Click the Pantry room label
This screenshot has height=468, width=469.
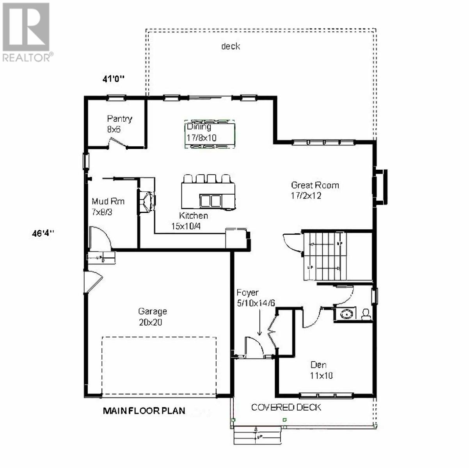(119, 119)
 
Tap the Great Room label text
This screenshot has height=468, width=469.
(315, 185)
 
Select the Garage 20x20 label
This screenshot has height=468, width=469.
(152, 317)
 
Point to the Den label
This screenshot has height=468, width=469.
(318, 365)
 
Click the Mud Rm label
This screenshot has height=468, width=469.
(108, 202)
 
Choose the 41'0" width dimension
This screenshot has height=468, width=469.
(114, 79)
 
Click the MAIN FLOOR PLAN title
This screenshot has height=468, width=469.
(144, 411)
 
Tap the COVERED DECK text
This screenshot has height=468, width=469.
(286, 408)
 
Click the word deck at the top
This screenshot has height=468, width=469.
(231, 46)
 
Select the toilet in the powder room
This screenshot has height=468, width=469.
(366, 314)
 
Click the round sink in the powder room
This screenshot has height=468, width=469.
(346, 314)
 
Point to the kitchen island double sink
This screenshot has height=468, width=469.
(210, 200)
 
